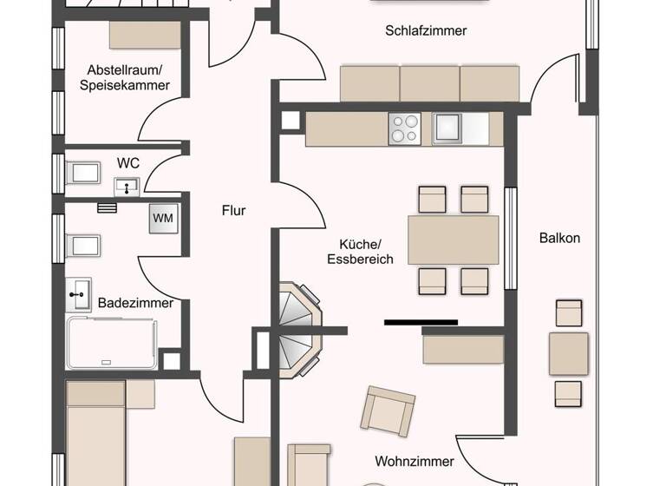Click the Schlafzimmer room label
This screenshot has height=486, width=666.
[x=426, y=30]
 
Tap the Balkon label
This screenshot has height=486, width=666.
[x=559, y=238]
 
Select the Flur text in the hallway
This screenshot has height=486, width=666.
[x=233, y=210]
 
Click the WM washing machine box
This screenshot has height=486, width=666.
[x=163, y=218]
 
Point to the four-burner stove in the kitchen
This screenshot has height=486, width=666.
[x=404, y=129]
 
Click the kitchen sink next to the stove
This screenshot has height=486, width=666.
[x=449, y=128]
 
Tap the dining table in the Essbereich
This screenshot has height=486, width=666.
[x=454, y=240]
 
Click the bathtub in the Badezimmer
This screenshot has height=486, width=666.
[x=111, y=343]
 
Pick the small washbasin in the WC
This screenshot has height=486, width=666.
[x=127, y=184]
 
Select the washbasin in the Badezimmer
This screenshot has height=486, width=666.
[x=79, y=293]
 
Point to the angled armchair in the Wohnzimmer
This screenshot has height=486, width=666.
[x=388, y=410]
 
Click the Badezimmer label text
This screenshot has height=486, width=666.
[x=135, y=303]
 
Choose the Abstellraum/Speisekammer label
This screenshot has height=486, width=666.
[x=124, y=77]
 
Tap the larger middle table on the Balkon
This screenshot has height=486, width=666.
[x=569, y=353]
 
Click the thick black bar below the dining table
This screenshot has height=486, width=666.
[x=421, y=322]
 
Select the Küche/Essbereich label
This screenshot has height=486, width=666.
[x=360, y=252]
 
